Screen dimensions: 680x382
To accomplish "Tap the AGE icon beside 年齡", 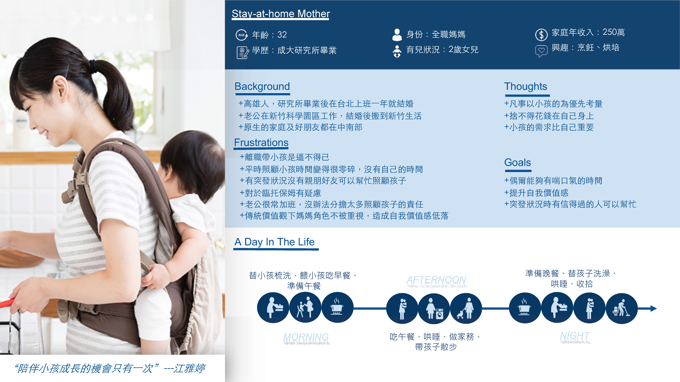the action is [x=241, y=35].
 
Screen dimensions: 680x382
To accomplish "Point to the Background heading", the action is [x=262, y=86].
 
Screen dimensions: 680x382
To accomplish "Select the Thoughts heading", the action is [x=526, y=86].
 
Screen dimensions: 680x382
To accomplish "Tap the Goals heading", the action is [x=517, y=162].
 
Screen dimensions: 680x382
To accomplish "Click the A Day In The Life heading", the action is [x=274, y=242].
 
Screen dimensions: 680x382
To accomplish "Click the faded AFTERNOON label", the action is [x=436, y=280].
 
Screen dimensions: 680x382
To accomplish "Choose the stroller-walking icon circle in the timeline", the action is [x=466, y=308].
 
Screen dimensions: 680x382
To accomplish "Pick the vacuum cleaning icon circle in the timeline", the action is [x=622, y=308].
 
